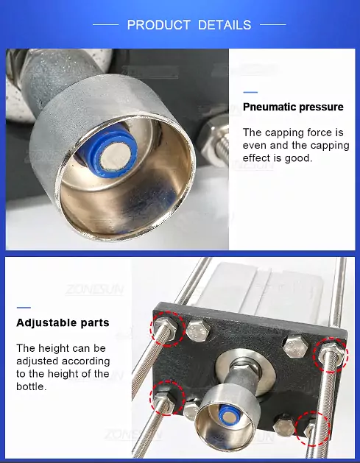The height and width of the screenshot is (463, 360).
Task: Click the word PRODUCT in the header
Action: pos(158,25)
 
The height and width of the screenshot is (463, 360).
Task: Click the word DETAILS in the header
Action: pos(225,25)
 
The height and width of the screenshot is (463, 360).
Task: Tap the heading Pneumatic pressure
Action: pos(293,107)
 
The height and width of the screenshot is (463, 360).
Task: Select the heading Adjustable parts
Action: pos(63,322)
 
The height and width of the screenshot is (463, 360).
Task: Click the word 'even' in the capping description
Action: pos(254,145)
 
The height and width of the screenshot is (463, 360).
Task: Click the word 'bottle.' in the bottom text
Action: pos(32,386)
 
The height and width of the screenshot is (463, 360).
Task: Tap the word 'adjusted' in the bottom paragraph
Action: pos(38,361)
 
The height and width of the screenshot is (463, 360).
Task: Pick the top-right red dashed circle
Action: pos(331,355)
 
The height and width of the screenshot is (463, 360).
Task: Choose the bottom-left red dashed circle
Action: pos(167,398)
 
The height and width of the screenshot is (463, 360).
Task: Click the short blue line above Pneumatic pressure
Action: pos(250,93)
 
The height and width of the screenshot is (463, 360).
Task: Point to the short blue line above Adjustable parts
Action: pos(24,308)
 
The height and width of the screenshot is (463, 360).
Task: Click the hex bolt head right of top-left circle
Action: pos(199,331)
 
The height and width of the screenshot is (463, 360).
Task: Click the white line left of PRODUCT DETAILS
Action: pos(106,25)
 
